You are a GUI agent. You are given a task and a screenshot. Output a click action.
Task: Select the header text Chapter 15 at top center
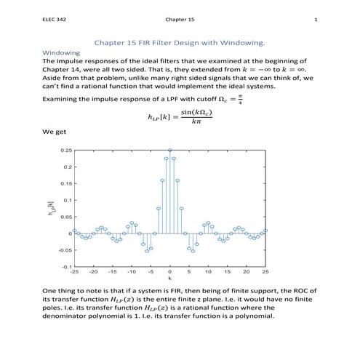click(180, 20)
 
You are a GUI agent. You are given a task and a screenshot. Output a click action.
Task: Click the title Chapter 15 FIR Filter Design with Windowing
click(180, 42)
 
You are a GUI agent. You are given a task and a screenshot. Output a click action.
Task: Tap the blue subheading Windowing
click(61, 53)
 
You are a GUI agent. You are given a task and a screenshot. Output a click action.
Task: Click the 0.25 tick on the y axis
click(65, 151)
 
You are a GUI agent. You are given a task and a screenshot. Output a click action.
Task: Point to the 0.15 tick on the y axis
click(65, 183)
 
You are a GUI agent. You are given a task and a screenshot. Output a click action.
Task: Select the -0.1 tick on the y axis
click(66, 266)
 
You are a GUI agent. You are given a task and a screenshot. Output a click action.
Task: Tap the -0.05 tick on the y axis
click(65, 249)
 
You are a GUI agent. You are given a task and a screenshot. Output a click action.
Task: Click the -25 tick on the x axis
click(73, 272)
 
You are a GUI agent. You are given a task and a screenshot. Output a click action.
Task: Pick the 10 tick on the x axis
click(208, 272)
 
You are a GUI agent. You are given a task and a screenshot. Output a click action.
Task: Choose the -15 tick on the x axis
click(112, 272)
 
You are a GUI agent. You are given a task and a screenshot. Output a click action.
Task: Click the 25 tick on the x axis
click(265, 272)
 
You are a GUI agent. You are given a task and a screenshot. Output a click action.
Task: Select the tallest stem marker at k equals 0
click(169, 151)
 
